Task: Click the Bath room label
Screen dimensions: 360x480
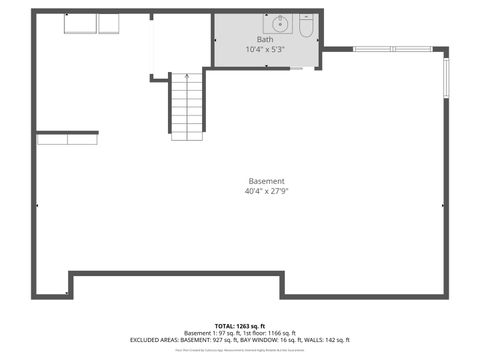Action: click(x=264, y=40)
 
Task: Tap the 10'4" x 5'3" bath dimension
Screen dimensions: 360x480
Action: click(x=265, y=50)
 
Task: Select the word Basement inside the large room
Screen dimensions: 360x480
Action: click(x=265, y=181)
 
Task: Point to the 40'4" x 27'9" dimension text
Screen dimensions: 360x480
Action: click(x=265, y=191)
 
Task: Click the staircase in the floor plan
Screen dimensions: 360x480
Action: click(x=186, y=107)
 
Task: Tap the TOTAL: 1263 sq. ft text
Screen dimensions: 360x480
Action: click(x=240, y=326)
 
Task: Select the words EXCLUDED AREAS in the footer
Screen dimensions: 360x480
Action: click(x=158, y=340)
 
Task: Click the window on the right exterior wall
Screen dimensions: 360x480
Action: click(x=446, y=78)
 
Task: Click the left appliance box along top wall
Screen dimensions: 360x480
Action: click(x=80, y=23)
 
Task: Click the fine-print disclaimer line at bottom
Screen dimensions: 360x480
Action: click(x=240, y=351)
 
